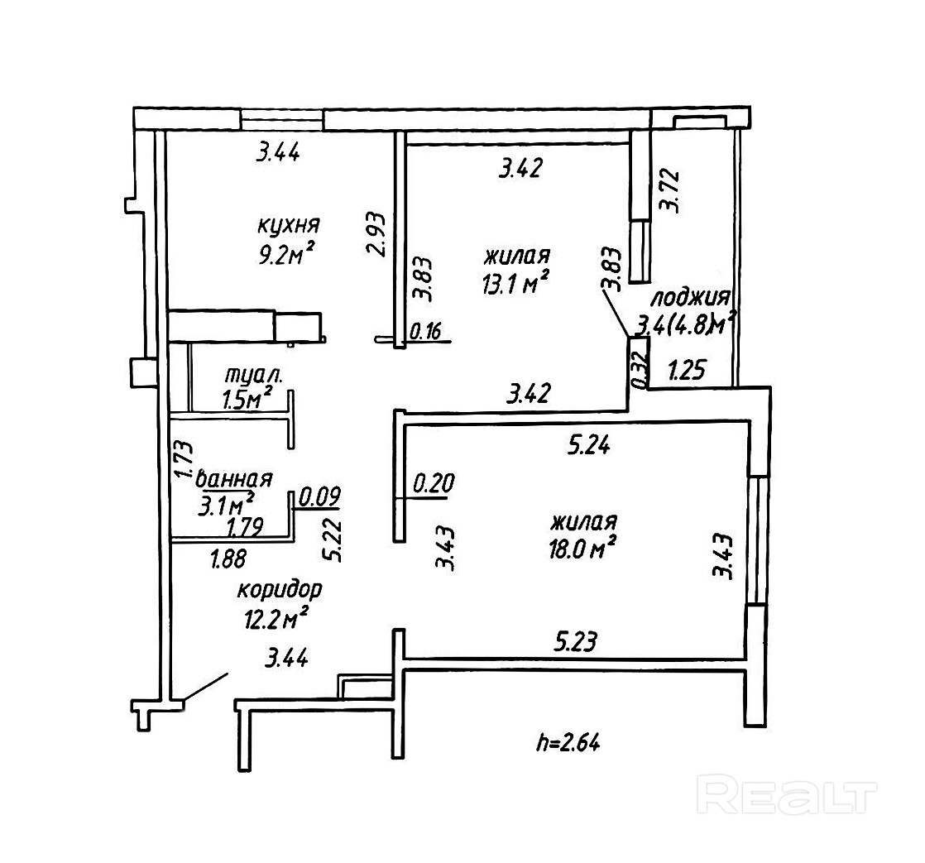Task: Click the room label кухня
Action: pos(288,225)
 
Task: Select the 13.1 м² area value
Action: pos(515,284)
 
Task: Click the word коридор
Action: pos(279,591)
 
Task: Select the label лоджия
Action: pos(689,298)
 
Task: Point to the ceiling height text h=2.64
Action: pos(566,742)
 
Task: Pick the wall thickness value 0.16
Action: pos(427,333)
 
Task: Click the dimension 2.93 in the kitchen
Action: pos(378,236)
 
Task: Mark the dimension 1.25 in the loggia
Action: pos(686,370)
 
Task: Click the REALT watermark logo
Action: pos(786,795)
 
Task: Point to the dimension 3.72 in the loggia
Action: pos(670,191)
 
